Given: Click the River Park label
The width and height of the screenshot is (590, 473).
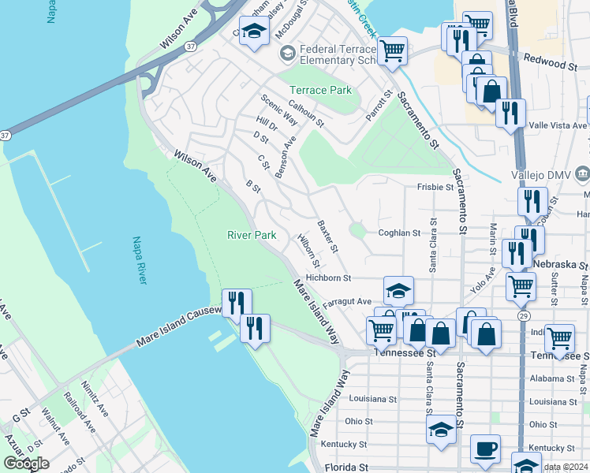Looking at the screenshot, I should click(x=252, y=235).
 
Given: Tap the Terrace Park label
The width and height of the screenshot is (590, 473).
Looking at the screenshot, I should click(x=320, y=90).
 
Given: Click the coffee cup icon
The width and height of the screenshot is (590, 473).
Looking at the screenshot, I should click(x=485, y=449).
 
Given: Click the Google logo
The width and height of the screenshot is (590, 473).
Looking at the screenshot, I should click(x=26, y=463).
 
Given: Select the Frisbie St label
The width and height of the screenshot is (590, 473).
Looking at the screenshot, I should click(x=435, y=188).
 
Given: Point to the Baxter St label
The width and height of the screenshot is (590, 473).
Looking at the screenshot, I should click(x=327, y=236).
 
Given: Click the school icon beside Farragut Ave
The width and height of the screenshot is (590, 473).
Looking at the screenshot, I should click(x=399, y=291).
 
